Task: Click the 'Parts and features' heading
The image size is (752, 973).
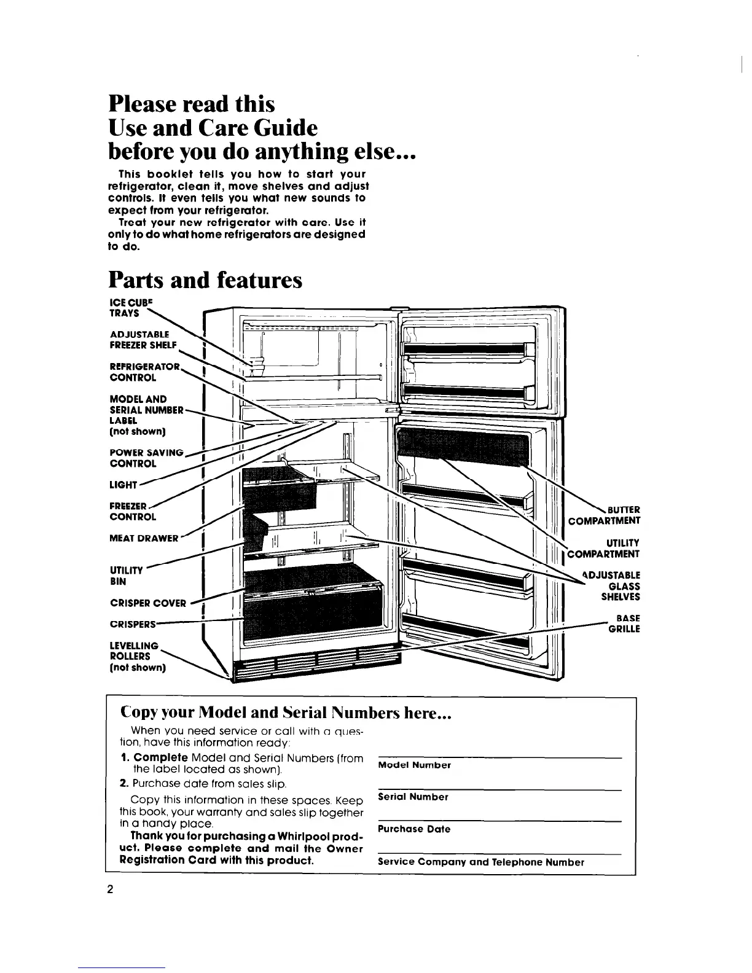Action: (205, 280)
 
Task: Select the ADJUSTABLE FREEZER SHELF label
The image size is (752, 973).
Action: (143, 339)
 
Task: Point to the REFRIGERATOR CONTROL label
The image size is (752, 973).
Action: (144, 372)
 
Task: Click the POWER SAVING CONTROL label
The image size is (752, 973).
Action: (146, 458)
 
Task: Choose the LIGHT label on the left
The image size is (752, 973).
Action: (122, 485)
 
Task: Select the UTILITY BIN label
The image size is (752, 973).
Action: (125, 575)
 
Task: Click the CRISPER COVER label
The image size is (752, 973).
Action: (147, 603)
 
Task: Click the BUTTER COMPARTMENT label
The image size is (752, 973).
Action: (605, 515)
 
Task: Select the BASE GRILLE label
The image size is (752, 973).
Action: (624, 623)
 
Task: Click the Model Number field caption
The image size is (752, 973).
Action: (414, 765)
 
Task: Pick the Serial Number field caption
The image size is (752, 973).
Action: (413, 797)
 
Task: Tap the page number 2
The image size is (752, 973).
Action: (111, 890)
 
